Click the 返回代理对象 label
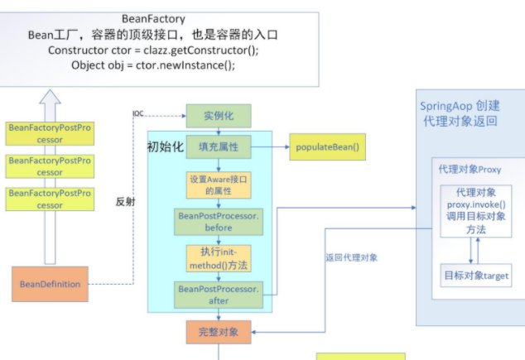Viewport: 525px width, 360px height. click(351, 257)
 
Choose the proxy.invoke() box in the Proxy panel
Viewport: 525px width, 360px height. click(470, 211)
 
